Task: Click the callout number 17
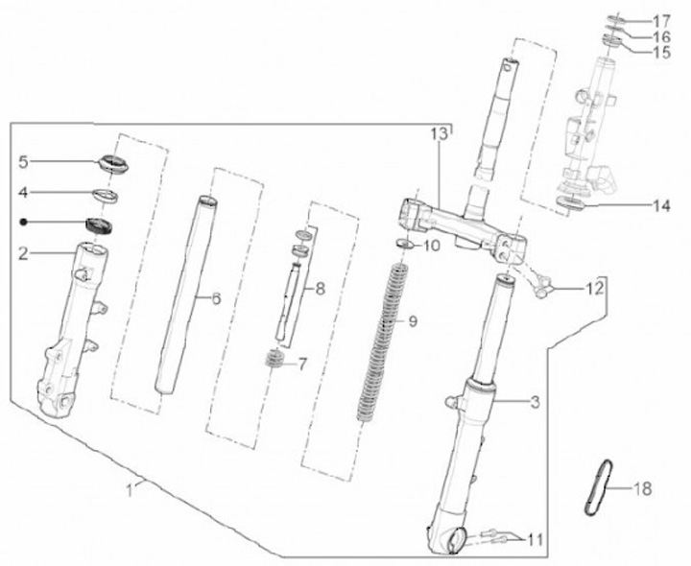tap(660, 21)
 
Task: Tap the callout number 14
tap(661, 205)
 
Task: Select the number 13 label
tap(439, 133)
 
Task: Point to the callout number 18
tap(642, 488)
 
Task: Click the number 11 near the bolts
tap(535, 539)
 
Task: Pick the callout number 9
tap(413, 321)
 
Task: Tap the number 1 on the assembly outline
tap(130, 490)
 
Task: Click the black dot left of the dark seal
tap(24, 222)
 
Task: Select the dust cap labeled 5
tap(113, 164)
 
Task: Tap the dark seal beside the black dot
tap(98, 225)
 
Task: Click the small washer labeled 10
tap(404, 244)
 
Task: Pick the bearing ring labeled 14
tap(570, 203)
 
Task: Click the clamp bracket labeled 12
tap(541, 287)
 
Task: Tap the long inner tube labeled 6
tap(185, 295)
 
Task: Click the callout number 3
tap(535, 402)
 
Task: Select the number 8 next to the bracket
tap(321, 290)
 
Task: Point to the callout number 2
tap(23, 253)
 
